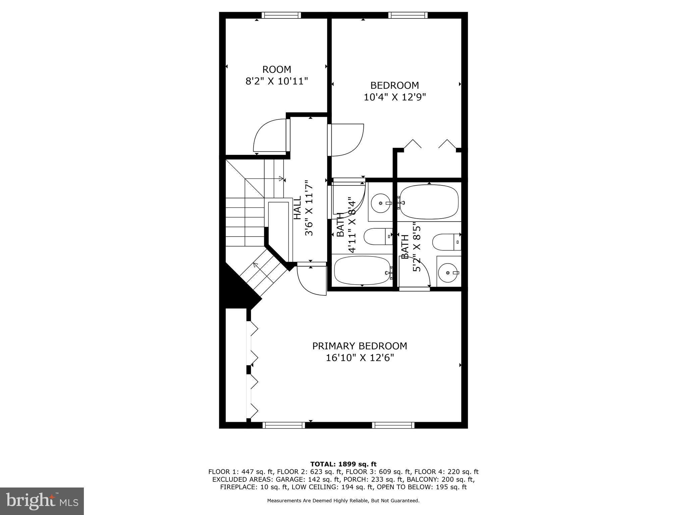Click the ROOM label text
pyautogui.click(x=276, y=70)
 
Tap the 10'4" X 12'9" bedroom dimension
pyautogui.click(x=394, y=97)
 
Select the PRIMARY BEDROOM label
pyautogui.click(x=360, y=346)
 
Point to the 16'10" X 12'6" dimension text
pyautogui.click(x=360, y=358)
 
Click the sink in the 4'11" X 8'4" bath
pyautogui.click(x=381, y=203)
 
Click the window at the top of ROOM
pyautogui.click(x=281, y=15)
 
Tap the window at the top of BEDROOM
pyautogui.click(x=408, y=15)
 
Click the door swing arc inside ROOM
pyautogui.click(x=270, y=136)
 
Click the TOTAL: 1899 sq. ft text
pyautogui.click(x=343, y=464)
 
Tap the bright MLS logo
pyautogui.click(x=42, y=501)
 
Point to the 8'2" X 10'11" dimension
pyautogui.click(x=276, y=81)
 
